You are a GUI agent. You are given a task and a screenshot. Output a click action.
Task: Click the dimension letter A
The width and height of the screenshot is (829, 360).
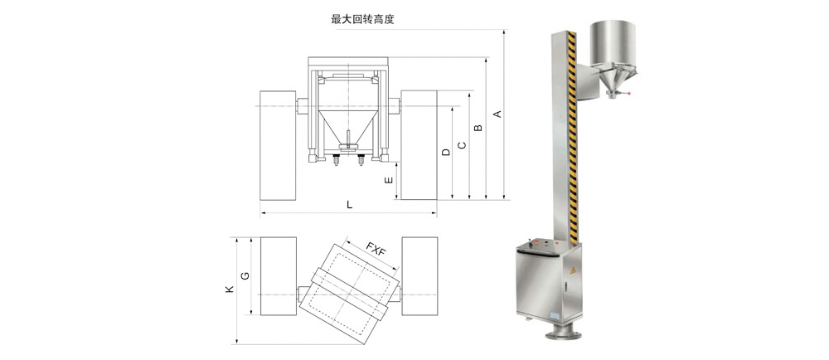[x=497, y=113]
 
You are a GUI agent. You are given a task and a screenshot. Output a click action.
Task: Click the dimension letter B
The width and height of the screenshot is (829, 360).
[x=478, y=129]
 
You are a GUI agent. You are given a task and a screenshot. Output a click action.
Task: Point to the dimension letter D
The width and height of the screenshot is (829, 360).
[x=446, y=153]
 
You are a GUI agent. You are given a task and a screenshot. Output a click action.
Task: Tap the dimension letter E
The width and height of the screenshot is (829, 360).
[x=389, y=180]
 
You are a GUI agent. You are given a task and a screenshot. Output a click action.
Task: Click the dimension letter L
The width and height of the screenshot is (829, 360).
[x=349, y=204]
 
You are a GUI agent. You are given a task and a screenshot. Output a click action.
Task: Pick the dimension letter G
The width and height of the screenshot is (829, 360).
[x=245, y=275]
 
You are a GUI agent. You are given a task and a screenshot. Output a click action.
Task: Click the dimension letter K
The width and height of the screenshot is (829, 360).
[x=229, y=290]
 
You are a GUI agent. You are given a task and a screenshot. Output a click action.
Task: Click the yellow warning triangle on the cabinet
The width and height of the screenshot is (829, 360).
[x=572, y=271]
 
